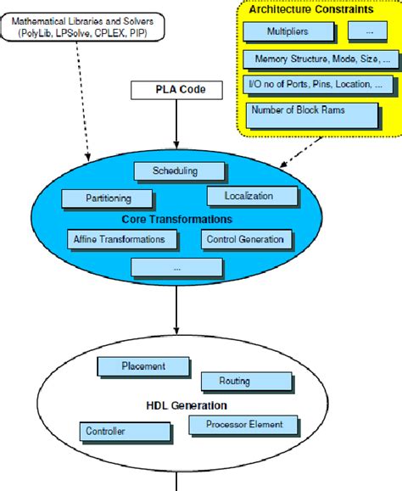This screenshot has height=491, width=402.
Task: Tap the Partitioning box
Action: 108,199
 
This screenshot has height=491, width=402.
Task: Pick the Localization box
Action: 248,196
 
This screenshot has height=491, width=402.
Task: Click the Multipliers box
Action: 288,31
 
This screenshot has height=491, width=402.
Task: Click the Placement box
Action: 142,366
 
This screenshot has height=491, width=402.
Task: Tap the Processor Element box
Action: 243,424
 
